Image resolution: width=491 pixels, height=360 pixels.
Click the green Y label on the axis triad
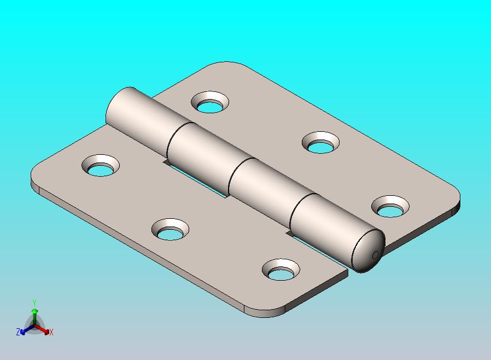coord(34,303)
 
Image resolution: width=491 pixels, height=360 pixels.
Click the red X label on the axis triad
coord(51,332)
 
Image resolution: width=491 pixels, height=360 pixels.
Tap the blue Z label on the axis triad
coord(18,332)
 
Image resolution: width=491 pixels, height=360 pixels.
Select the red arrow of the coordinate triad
coord(42,329)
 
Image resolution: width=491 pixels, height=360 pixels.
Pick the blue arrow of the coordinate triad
coord(27,329)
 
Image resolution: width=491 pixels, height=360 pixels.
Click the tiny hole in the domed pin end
coord(376,255)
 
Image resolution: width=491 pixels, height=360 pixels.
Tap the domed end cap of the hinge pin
coord(369,251)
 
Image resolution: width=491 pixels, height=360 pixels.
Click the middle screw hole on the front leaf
coord(171,230)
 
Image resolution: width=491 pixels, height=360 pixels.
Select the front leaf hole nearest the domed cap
coord(281,270)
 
